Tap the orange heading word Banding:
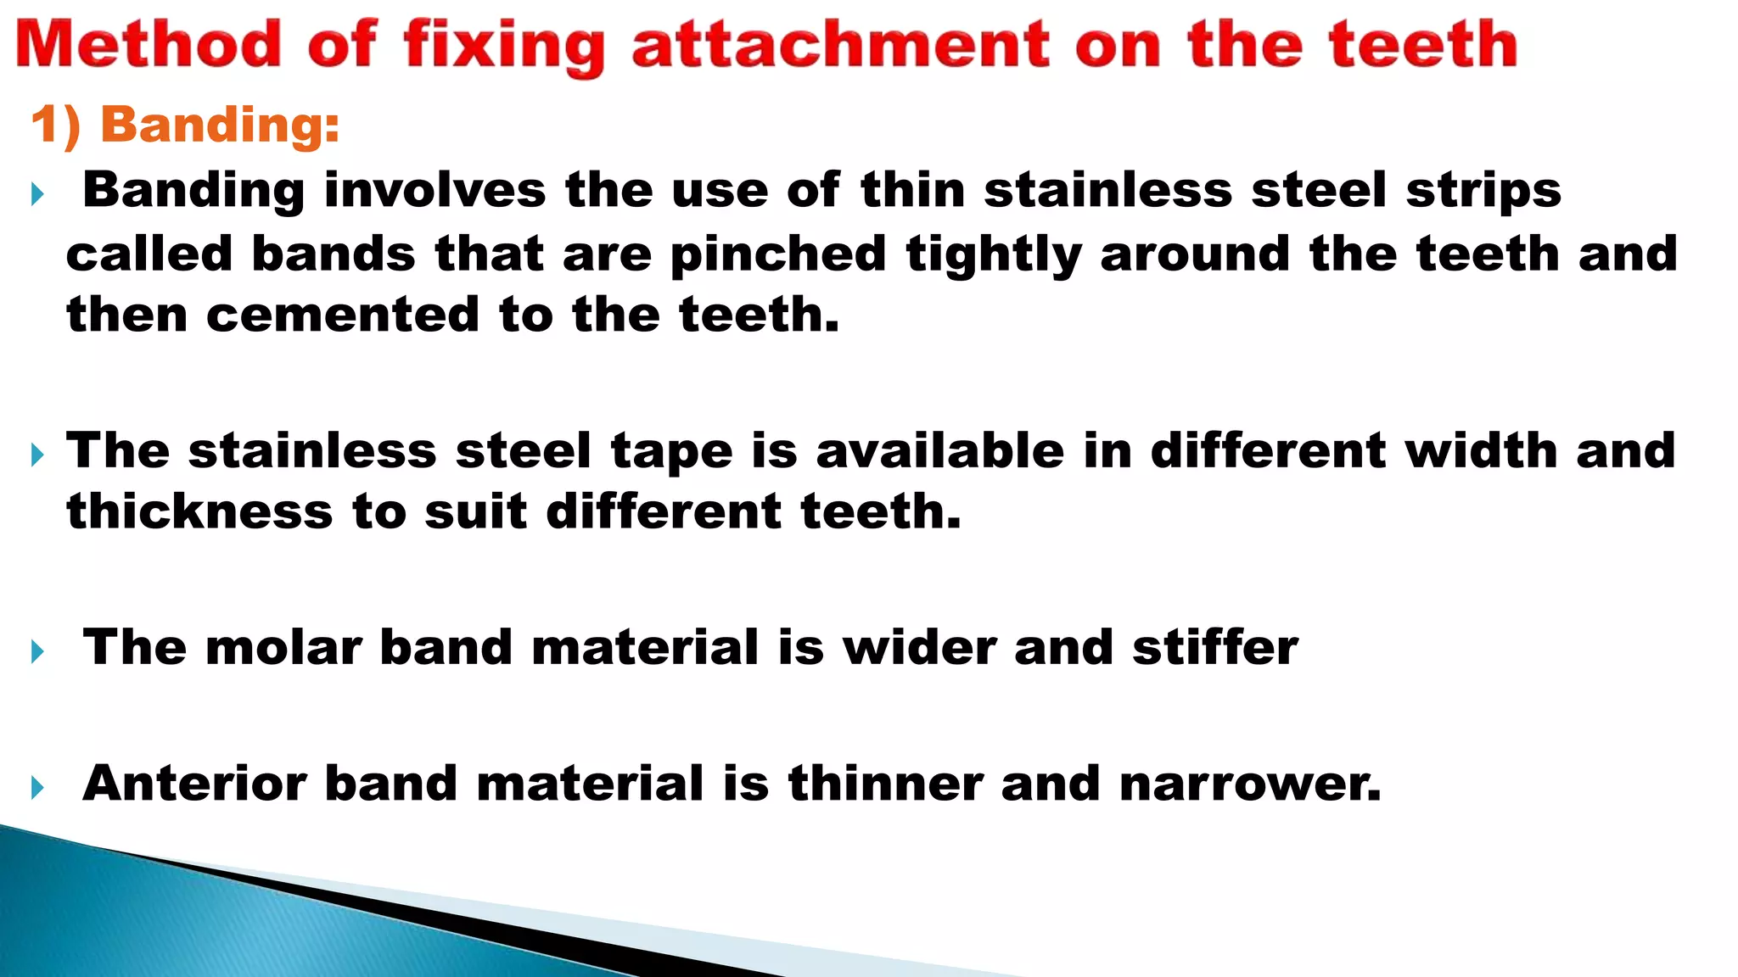[220, 125]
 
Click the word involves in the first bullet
[434, 189]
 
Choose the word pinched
[778, 254]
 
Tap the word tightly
[994, 254]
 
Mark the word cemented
[343, 315]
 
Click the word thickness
[199, 511]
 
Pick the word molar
[283, 647]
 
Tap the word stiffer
[1214, 647]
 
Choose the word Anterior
[194, 782]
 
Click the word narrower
[1250, 783]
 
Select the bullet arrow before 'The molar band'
[37, 652]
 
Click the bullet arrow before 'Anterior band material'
[37, 788]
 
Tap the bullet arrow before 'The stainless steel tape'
[37, 455]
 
